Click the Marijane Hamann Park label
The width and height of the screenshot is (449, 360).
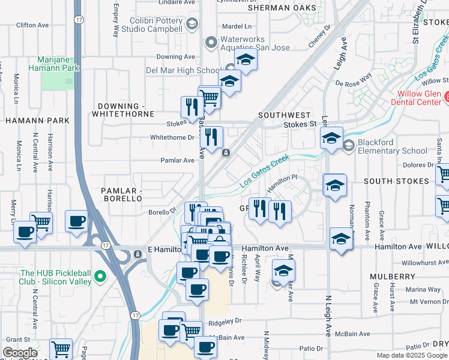tap(58, 64)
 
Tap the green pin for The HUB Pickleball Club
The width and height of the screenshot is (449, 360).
tap(101, 277)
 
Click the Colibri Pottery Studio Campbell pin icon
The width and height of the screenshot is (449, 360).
tap(192, 24)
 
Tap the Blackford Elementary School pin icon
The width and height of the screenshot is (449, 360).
tap(349, 144)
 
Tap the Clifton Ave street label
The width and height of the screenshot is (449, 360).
tap(32, 25)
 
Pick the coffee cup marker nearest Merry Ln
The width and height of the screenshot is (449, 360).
tap(25, 232)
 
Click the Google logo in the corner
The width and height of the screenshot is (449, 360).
tap(20, 353)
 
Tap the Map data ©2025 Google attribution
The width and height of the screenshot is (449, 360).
tap(412, 355)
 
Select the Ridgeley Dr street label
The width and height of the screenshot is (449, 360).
tap(225, 321)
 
